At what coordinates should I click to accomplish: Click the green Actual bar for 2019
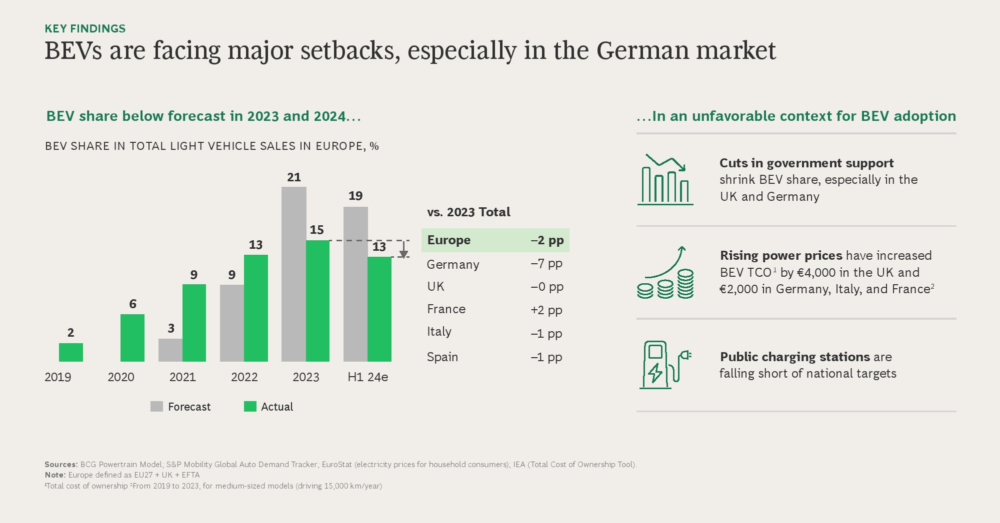point(71,352)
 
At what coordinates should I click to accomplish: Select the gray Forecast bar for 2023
point(293,274)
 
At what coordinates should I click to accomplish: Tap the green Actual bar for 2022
point(256,308)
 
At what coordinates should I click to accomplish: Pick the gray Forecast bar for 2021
point(170,350)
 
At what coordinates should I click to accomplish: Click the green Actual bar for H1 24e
point(379,309)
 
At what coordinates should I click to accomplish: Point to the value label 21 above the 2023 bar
point(294,177)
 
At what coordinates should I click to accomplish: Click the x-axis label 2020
point(121,377)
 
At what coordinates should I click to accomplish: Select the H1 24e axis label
point(367,377)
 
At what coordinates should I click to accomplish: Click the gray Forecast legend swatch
point(156,407)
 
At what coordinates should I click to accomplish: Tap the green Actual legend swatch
point(250,407)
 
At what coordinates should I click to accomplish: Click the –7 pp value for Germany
point(546,263)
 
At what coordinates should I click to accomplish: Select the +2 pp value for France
point(546,310)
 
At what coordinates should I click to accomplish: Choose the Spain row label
point(442,357)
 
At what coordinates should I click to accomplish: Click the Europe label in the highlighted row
point(449,240)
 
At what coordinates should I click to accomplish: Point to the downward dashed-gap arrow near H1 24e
point(403,249)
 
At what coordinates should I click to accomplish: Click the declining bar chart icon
point(665,180)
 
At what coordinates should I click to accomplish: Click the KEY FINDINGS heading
point(85,28)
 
